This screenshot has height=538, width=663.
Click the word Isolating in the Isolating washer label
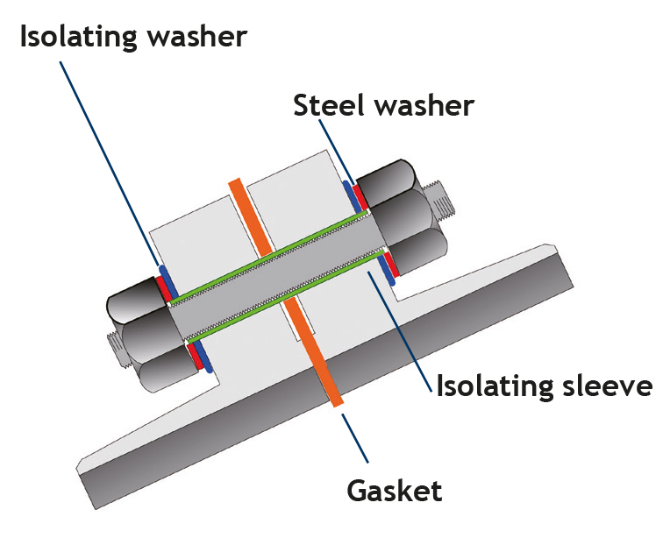tap(73, 37)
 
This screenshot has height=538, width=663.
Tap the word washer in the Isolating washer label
tap(194, 37)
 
